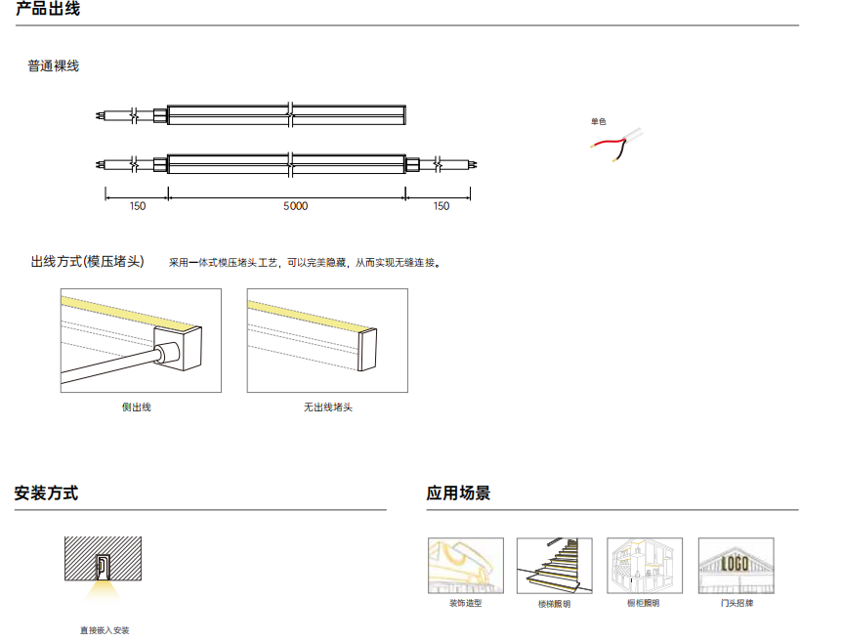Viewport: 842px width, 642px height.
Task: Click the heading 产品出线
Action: click(48, 9)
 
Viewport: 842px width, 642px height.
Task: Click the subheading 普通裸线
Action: click(53, 66)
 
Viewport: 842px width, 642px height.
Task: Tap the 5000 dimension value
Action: click(295, 206)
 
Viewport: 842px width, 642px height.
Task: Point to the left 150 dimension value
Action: click(138, 206)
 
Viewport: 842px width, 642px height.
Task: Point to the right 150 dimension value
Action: click(442, 206)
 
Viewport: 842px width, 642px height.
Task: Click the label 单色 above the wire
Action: click(598, 122)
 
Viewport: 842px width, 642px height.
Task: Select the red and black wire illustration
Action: click(616, 144)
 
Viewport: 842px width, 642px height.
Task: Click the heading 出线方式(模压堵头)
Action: click(88, 262)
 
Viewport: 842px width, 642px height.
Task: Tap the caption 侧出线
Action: click(137, 407)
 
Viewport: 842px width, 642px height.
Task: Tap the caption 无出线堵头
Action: click(328, 407)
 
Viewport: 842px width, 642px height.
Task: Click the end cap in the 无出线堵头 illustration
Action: click(366, 349)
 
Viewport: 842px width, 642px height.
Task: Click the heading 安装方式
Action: click(46, 492)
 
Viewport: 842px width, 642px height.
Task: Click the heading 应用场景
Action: click(458, 492)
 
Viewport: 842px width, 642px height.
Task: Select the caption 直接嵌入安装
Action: click(105, 630)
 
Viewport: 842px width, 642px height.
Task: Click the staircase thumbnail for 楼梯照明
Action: click(555, 566)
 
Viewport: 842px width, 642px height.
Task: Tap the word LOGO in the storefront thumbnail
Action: click(735, 563)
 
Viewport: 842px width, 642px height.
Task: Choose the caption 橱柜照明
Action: click(644, 603)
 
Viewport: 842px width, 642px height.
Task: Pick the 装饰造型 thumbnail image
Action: click(466, 566)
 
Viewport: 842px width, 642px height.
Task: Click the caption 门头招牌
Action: click(737, 603)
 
